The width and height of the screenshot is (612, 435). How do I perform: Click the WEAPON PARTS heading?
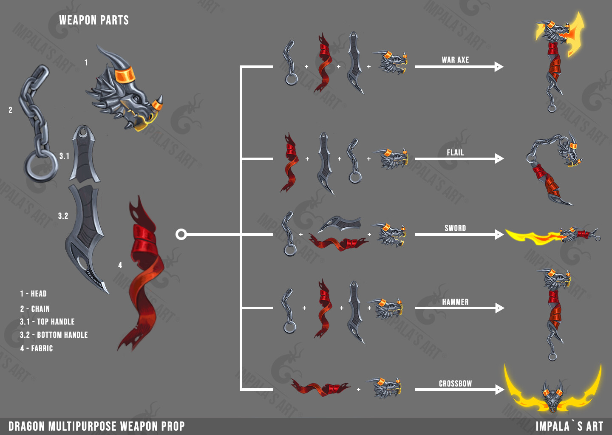coord(94,20)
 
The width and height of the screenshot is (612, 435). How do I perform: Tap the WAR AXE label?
coord(455,60)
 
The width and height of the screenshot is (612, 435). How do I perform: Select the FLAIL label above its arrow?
coord(455,153)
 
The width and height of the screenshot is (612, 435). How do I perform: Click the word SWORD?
coord(455,228)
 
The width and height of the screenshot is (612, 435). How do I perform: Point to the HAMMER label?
coord(455,302)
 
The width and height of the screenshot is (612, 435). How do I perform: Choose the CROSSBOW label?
coord(455,384)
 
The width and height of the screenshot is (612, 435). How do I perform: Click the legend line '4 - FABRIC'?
coord(37,348)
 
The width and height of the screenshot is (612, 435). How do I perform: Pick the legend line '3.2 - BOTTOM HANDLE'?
coord(54,335)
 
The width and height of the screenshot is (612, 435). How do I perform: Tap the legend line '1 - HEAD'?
coord(33,294)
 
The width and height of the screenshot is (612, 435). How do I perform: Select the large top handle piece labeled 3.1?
coord(85,155)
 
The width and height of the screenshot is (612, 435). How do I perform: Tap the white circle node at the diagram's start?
coord(181,234)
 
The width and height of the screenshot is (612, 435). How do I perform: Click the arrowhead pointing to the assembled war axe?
coord(499,67)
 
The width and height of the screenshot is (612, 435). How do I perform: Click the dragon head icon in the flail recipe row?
coord(392,159)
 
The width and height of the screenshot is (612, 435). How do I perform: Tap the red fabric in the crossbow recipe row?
coord(319,387)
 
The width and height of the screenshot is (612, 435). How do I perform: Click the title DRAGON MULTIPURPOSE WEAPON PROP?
coord(96,426)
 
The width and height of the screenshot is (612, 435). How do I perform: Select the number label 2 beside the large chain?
coord(10,110)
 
